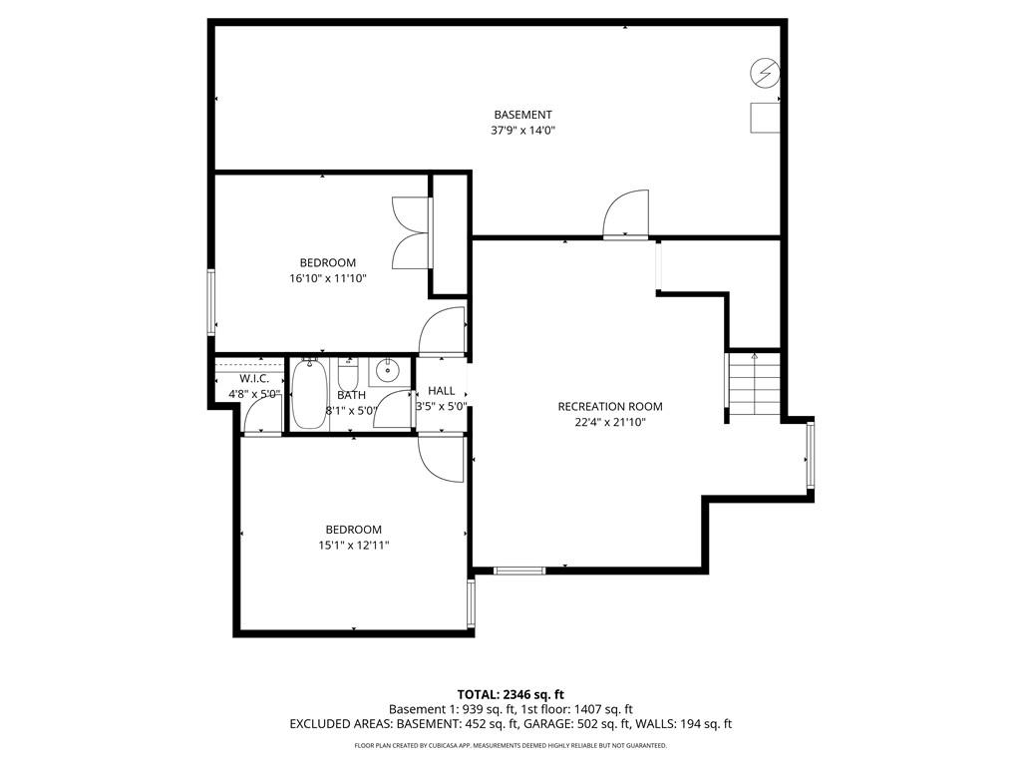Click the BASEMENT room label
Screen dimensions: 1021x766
click(522, 116)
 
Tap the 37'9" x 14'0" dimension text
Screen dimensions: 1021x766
click(522, 131)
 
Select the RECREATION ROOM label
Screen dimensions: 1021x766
click(610, 407)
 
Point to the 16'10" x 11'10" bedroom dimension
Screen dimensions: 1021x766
click(328, 279)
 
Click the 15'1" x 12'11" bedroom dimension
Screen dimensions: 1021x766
click(354, 546)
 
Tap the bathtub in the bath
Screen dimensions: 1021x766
click(308, 394)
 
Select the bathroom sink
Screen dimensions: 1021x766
click(389, 371)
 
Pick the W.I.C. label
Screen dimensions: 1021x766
click(254, 379)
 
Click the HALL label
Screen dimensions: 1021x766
click(442, 391)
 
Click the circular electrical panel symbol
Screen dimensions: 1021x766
click(765, 72)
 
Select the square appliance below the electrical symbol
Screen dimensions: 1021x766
click(765, 118)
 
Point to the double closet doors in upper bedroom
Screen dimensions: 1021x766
click(412, 232)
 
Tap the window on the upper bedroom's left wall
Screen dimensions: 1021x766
click(211, 302)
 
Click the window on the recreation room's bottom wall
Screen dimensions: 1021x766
click(518, 572)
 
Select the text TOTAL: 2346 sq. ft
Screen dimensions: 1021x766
click(506, 694)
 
